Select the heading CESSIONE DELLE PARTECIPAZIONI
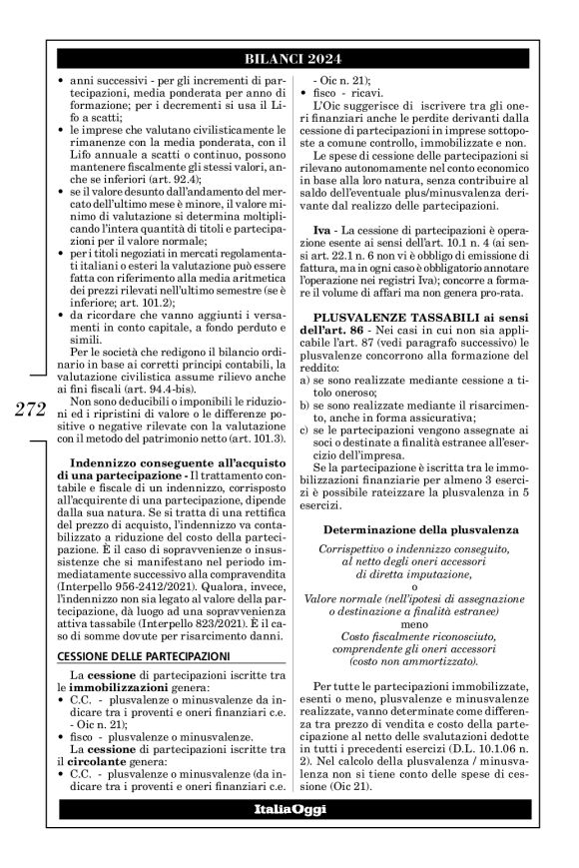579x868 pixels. tap(143, 626)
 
